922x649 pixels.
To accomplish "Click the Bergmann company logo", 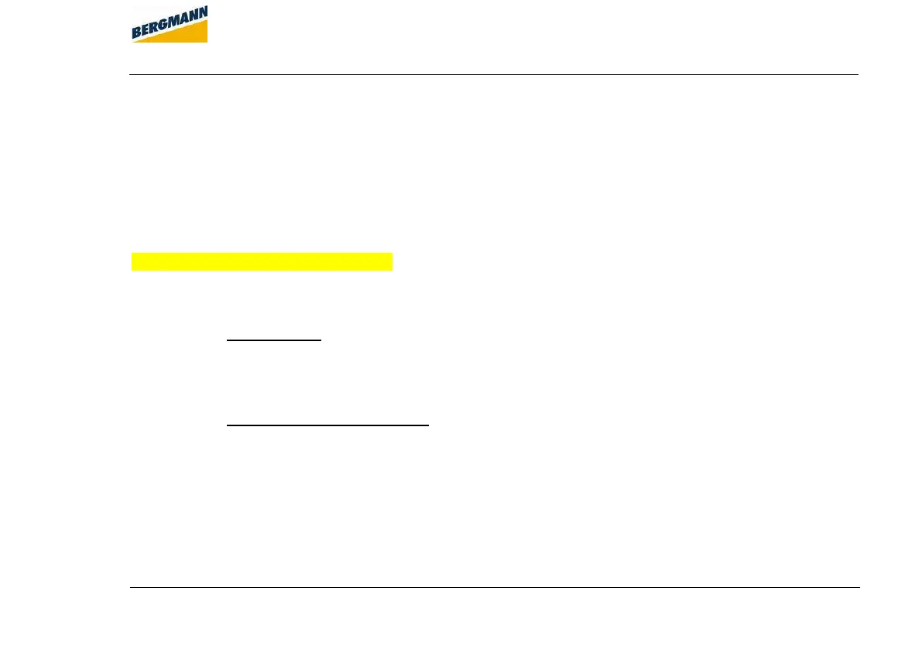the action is pos(170,24).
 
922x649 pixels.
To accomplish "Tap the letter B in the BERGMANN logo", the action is pos(136,33).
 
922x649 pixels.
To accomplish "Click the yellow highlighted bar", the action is pos(262,261).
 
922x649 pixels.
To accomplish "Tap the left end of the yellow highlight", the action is pos(133,261).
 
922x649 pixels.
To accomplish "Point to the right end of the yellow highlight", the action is pos(392,261).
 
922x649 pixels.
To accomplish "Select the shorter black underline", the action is pos(273,340).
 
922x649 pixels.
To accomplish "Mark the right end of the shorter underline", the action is pos(320,340).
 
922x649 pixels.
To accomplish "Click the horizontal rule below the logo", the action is pos(494,74).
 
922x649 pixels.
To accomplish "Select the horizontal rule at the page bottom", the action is pos(495,587).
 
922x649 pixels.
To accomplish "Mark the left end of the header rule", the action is pos(130,74).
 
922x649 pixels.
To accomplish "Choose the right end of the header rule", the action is pos(858,74).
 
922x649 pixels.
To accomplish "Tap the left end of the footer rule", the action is pos(131,587).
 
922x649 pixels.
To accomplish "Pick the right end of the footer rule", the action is pos(859,587).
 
